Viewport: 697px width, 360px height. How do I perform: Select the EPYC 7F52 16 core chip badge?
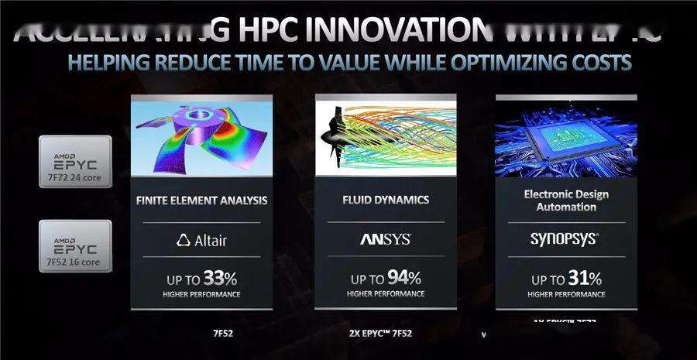pos(75,247)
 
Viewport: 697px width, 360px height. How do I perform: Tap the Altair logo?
pos(201,239)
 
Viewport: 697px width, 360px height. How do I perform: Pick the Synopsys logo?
pos(565,239)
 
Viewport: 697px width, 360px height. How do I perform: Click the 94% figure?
pos(405,277)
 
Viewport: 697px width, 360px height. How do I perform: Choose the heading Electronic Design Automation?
pos(565,200)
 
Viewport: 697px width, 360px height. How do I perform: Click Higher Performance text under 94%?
pos(385,294)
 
